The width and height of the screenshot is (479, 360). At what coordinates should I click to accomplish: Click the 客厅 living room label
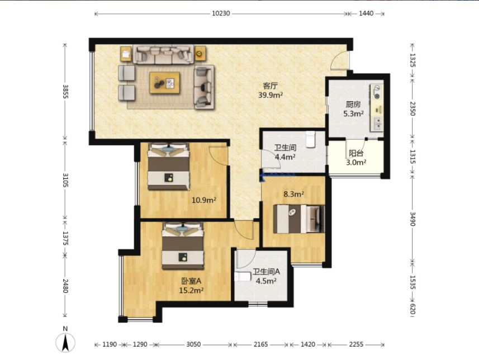[x=270, y=86]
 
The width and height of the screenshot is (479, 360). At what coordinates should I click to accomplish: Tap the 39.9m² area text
[x=271, y=95]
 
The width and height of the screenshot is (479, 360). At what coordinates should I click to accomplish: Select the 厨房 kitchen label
[x=353, y=105]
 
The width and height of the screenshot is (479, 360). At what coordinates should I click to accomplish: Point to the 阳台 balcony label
[x=356, y=153]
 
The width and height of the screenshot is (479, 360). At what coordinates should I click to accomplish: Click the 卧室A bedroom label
[x=191, y=281]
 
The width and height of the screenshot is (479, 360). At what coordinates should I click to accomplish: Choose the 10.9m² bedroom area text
[x=204, y=200]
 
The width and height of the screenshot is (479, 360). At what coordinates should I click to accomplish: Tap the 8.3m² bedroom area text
[x=293, y=194]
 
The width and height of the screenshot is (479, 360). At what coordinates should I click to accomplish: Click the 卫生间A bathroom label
[x=266, y=271]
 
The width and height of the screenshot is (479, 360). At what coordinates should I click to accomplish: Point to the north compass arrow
[x=65, y=343]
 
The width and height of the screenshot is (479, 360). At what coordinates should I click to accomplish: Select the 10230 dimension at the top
[x=221, y=13]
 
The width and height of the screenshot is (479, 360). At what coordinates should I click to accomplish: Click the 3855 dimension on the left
[x=65, y=91]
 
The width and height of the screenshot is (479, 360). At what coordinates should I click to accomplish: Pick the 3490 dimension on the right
[x=412, y=219]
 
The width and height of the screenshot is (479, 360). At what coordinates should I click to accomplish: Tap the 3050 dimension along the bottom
[x=193, y=344]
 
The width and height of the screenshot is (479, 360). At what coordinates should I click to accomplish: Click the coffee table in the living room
[x=165, y=83]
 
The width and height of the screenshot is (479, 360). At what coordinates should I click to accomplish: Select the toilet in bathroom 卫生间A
[x=243, y=277]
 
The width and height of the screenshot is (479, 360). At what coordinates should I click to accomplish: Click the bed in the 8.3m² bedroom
[x=299, y=219]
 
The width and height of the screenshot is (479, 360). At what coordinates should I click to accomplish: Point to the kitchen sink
[x=377, y=124]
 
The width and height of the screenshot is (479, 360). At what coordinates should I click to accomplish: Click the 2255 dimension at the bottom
[x=356, y=344]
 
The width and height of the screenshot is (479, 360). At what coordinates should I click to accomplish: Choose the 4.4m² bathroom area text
[x=285, y=157]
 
